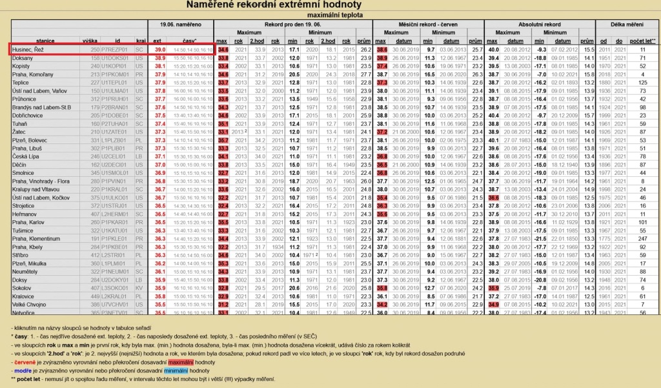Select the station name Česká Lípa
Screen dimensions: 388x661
[26, 156]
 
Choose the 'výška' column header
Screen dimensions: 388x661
[90, 41]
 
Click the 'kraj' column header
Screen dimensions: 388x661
[139, 41]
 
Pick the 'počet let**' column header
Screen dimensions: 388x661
[642, 41]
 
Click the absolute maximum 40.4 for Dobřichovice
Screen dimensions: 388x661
[494, 115]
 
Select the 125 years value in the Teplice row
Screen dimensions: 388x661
[642, 83]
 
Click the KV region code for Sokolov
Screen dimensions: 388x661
[139, 287]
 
